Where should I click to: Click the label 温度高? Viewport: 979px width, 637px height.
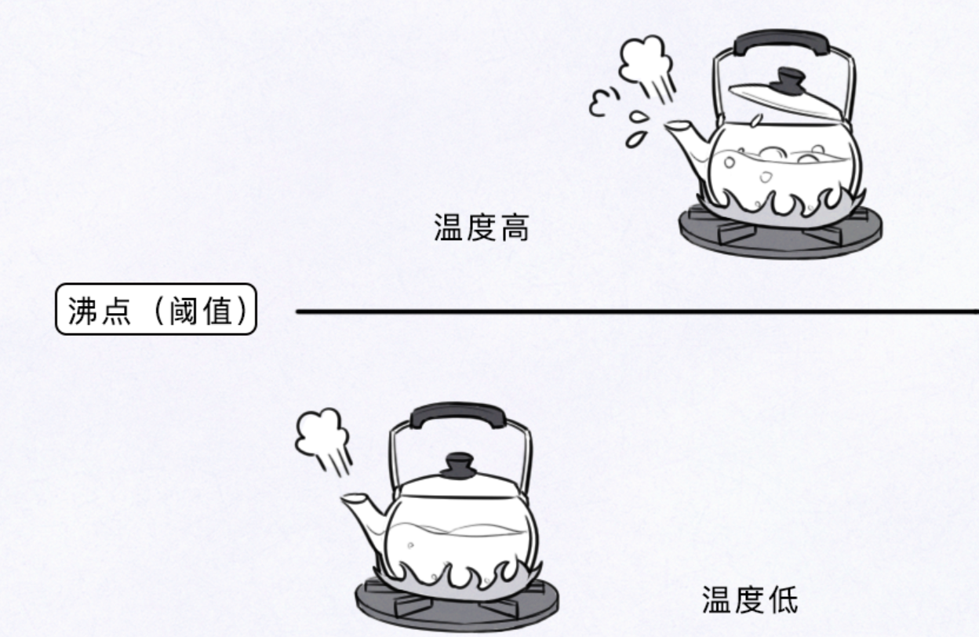tap(482, 228)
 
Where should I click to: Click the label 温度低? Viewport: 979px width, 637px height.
tap(749, 600)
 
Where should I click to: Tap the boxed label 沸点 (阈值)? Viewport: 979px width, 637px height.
tap(156, 310)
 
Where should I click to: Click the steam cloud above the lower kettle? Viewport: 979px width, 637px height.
tap(322, 435)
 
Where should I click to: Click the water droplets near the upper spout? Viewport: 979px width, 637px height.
tap(637, 129)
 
